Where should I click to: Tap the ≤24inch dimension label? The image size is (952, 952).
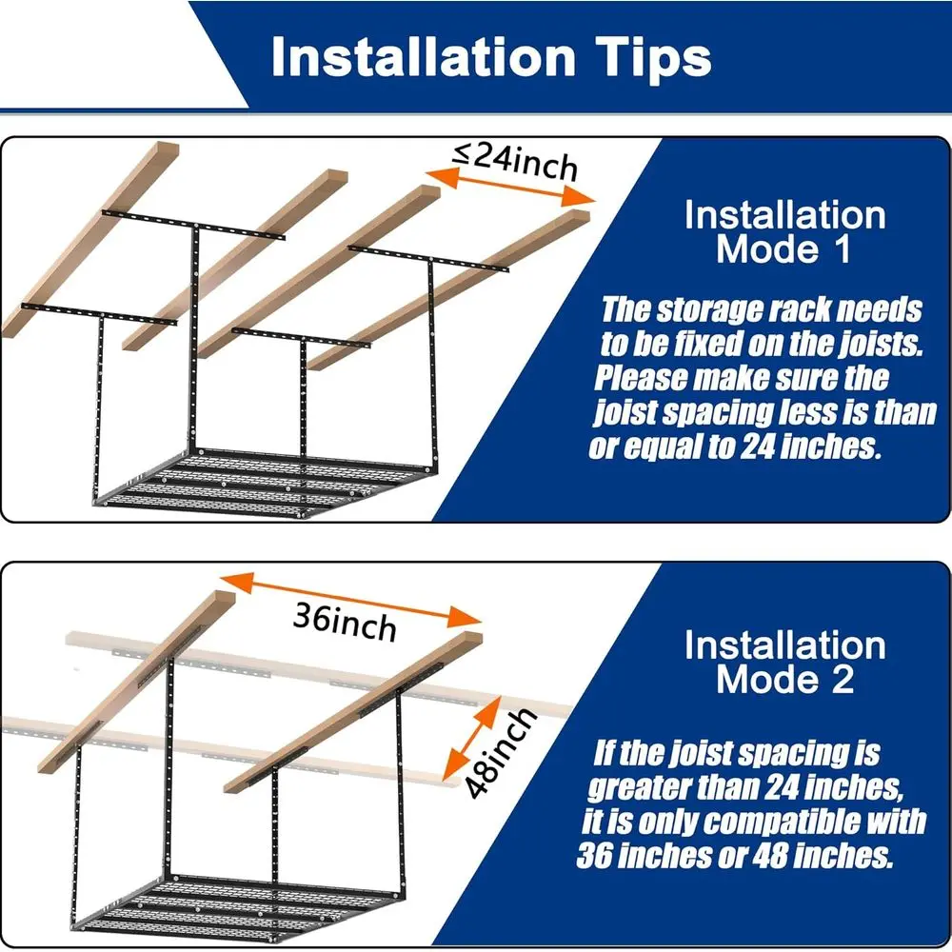point(515,161)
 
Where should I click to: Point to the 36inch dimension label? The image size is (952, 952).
point(344,624)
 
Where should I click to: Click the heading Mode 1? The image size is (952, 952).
point(784,250)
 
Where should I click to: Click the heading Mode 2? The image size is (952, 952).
point(784,680)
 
